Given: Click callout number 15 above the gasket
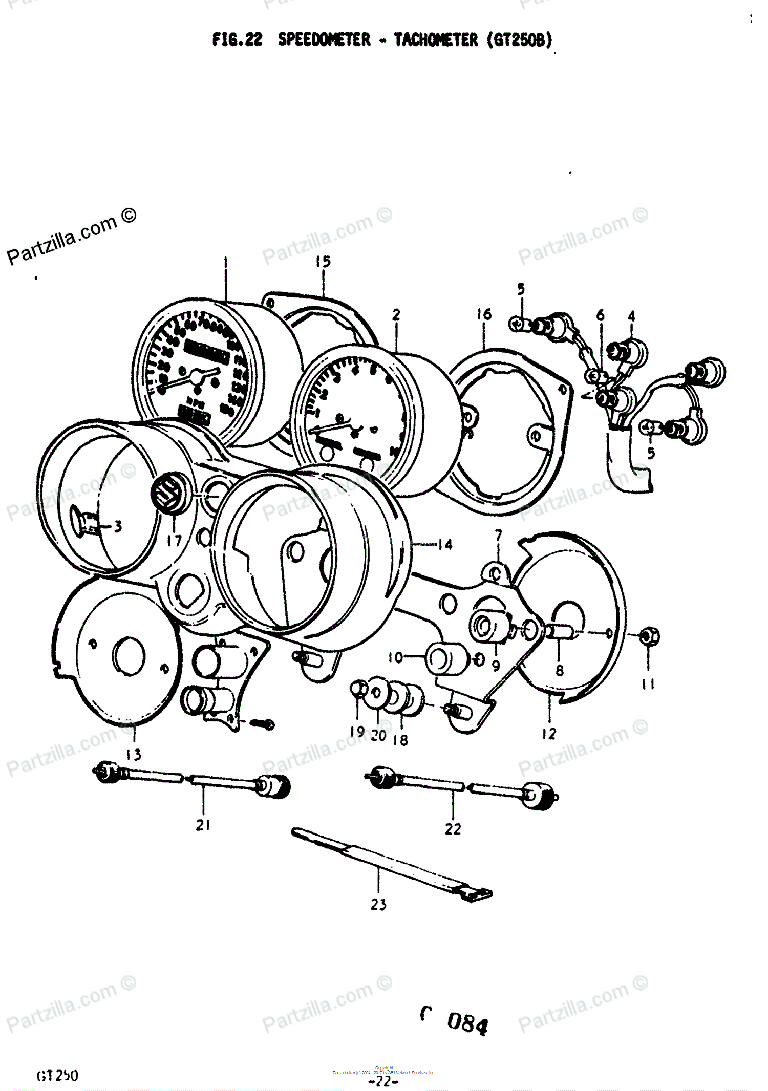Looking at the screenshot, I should click(323, 262).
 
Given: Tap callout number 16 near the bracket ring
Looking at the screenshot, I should click(483, 314).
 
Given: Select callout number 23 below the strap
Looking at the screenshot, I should click(378, 905).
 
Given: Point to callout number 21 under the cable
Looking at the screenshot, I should click(203, 825).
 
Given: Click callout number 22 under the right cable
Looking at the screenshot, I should click(453, 828).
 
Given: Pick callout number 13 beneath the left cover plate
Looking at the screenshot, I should click(134, 754).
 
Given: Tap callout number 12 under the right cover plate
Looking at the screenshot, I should click(548, 734).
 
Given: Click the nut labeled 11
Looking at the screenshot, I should click(649, 637).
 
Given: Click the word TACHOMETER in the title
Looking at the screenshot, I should click(435, 40).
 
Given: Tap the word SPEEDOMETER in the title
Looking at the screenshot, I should click(324, 40).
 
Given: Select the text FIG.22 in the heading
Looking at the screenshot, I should click(237, 40).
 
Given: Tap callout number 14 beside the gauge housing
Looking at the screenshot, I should click(444, 544).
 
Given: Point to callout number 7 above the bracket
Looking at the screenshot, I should click(498, 536).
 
